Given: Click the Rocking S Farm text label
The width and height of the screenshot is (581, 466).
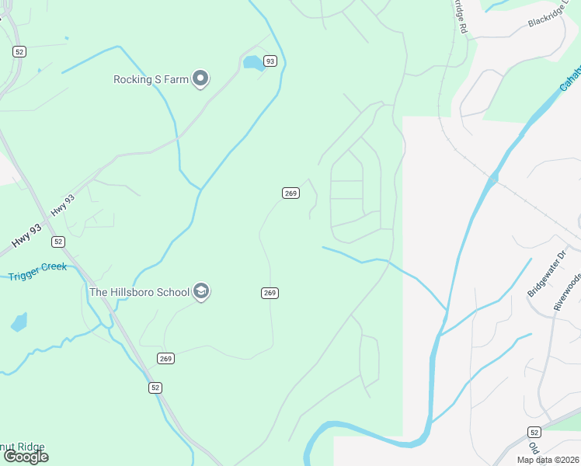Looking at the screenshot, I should [151, 79].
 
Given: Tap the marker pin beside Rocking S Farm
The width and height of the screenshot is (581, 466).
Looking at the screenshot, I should [201, 78].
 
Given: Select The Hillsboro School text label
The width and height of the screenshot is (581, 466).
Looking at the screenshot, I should [139, 292].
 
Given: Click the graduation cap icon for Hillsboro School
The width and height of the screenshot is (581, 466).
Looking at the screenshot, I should [201, 292].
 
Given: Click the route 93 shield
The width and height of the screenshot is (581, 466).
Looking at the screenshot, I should [270, 61].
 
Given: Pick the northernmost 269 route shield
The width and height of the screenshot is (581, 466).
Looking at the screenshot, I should [290, 193].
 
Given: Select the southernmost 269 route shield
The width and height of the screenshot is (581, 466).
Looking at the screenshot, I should [165, 358].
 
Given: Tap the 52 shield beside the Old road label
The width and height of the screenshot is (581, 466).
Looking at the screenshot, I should [534, 431].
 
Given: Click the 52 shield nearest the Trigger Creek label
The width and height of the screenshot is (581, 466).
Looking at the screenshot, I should [58, 242].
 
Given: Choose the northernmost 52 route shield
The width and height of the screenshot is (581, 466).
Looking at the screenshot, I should [19, 51].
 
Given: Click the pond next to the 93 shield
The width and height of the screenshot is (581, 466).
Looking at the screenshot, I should [252, 63].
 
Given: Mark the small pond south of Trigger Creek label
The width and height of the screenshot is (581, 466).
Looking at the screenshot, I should [19, 322].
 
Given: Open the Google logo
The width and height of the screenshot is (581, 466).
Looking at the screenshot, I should [25, 457].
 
